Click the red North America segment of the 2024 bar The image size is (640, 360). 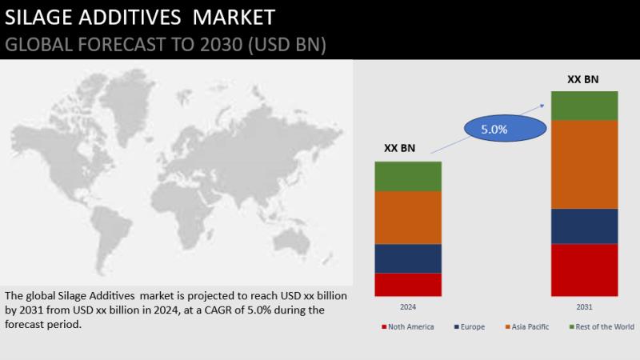(408, 285)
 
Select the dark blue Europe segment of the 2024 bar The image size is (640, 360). (408, 258)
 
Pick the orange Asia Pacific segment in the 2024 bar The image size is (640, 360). (408, 218)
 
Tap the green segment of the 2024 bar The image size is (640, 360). (408, 177)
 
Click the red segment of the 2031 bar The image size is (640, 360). (585, 270)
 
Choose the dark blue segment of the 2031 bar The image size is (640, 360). (585, 226)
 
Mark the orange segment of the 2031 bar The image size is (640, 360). (585, 165)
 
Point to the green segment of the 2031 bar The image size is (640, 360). (585, 106)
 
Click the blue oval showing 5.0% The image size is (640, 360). (506, 129)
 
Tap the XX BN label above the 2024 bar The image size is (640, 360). (399, 148)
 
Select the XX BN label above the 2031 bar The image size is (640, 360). (583, 79)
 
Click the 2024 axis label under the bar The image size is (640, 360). (408, 307)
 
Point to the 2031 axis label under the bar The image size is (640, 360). (584, 307)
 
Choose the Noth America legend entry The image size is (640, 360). (408, 327)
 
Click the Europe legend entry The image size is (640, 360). (470, 327)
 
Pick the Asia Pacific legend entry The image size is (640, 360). (527, 327)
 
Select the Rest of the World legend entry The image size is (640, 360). (602, 327)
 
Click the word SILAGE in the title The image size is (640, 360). (38, 18)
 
